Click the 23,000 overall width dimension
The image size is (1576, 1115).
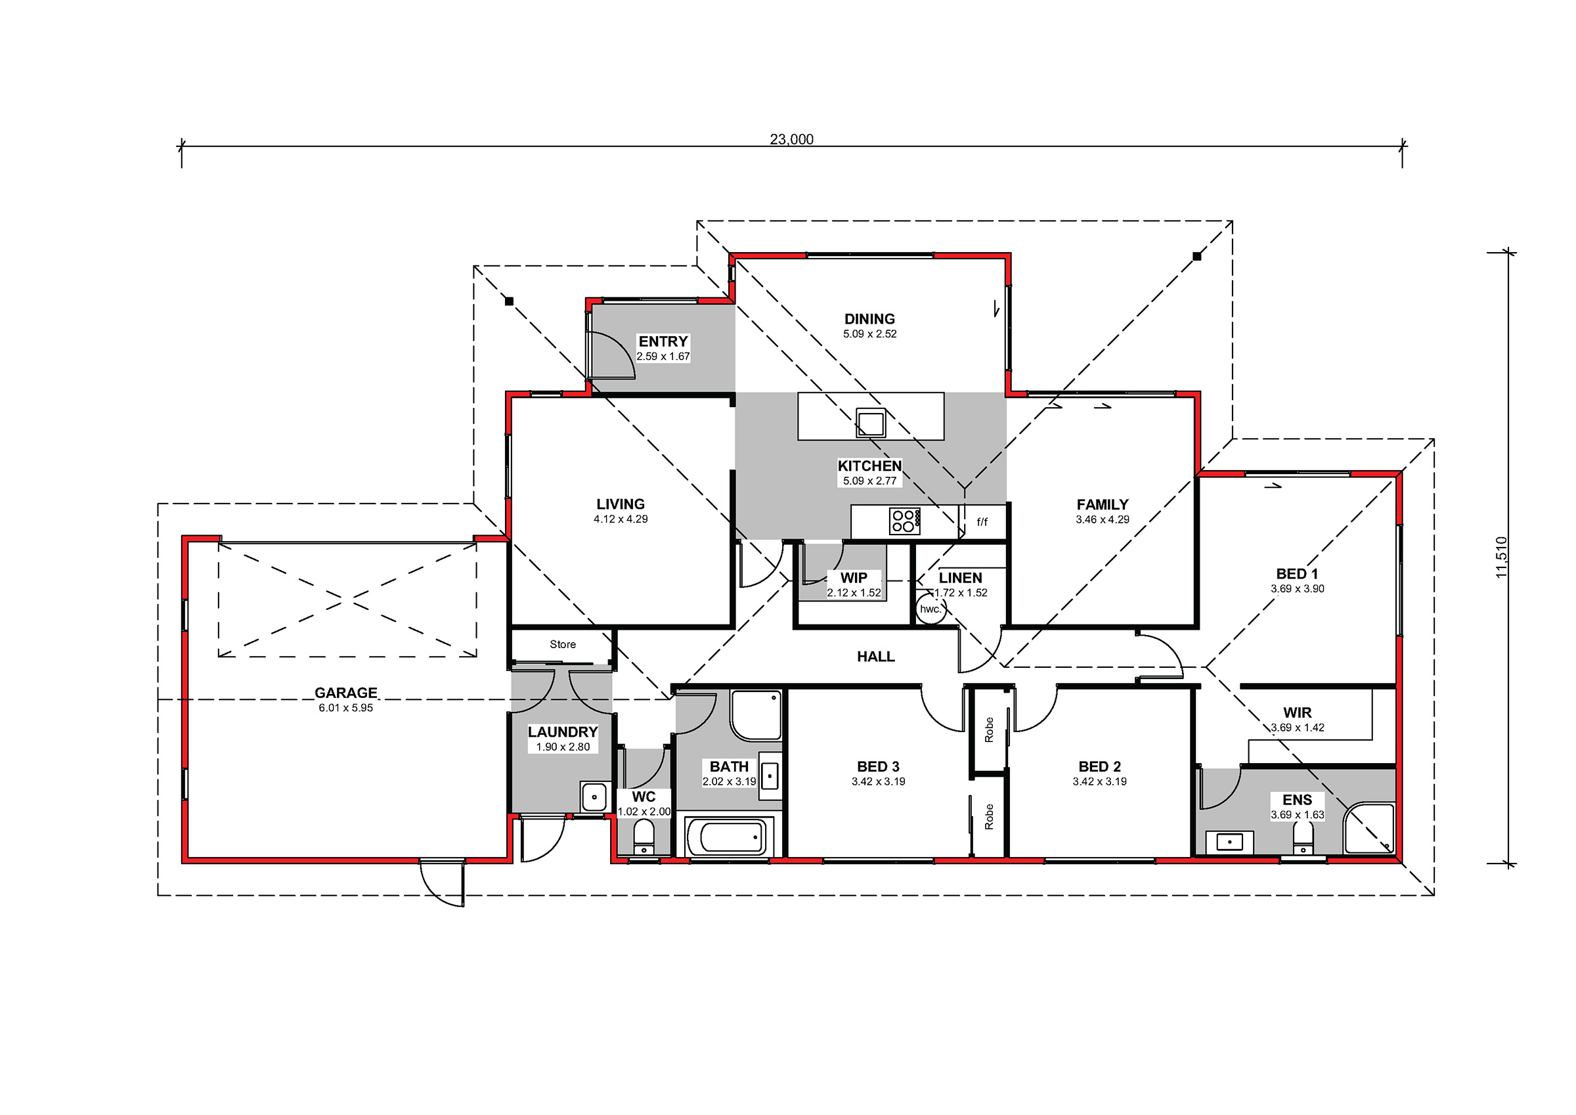click(x=791, y=139)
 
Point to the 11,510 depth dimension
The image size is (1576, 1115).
click(x=1501, y=557)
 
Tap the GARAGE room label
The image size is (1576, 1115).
click(x=346, y=693)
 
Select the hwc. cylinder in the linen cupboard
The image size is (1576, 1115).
click(x=930, y=609)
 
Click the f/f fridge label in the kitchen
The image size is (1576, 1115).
click(x=982, y=522)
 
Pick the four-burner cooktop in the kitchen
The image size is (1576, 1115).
click(x=905, y=521)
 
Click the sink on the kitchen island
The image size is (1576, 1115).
click(x=870, y=423)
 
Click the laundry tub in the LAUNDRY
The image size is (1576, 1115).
click(x=594, y=797)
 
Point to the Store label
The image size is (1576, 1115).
click(x=563, y=644)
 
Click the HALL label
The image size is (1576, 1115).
click(x=876, y=657)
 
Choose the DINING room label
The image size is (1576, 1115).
click(x=869, y=318)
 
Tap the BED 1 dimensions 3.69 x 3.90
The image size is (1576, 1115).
click(x=1298, y=588)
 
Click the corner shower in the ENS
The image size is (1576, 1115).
click(x=1368, y=828)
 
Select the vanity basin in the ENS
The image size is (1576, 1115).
click(x=1229, y=842)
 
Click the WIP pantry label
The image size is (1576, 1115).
click(x=854, y=578)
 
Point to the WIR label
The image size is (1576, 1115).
click(x=1298, y=712)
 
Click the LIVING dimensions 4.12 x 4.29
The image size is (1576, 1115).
click(x=621, y=519)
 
